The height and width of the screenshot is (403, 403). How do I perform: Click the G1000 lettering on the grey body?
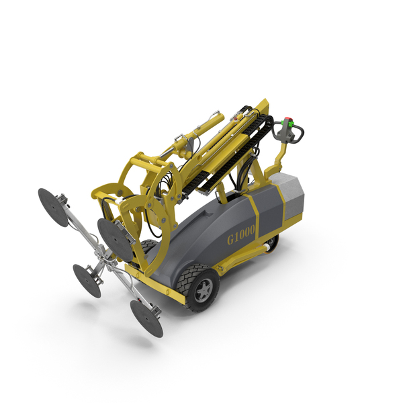click(x=241, y=234)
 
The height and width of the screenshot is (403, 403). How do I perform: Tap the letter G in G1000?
click(x=230, y=240)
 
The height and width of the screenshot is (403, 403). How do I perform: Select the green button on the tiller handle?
click(x=286, y=123)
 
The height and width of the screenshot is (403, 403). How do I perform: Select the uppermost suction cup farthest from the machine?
click(x=53, y=207)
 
